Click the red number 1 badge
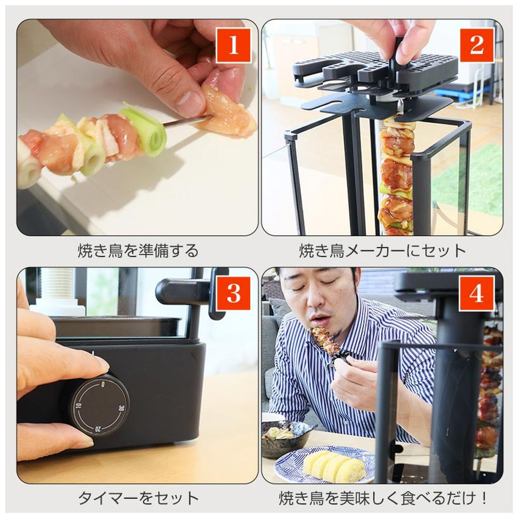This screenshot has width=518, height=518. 234,45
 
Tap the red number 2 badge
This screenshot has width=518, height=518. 477,45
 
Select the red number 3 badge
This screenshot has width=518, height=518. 234,293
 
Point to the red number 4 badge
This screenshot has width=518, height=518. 477,293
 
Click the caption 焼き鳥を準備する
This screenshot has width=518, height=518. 138,251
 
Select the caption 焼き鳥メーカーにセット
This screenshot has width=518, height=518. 383,251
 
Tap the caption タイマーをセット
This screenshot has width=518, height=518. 138,498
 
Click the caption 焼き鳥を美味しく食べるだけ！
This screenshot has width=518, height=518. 383,498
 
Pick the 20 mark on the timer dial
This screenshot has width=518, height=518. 98,429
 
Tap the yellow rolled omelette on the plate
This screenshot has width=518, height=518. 334,465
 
